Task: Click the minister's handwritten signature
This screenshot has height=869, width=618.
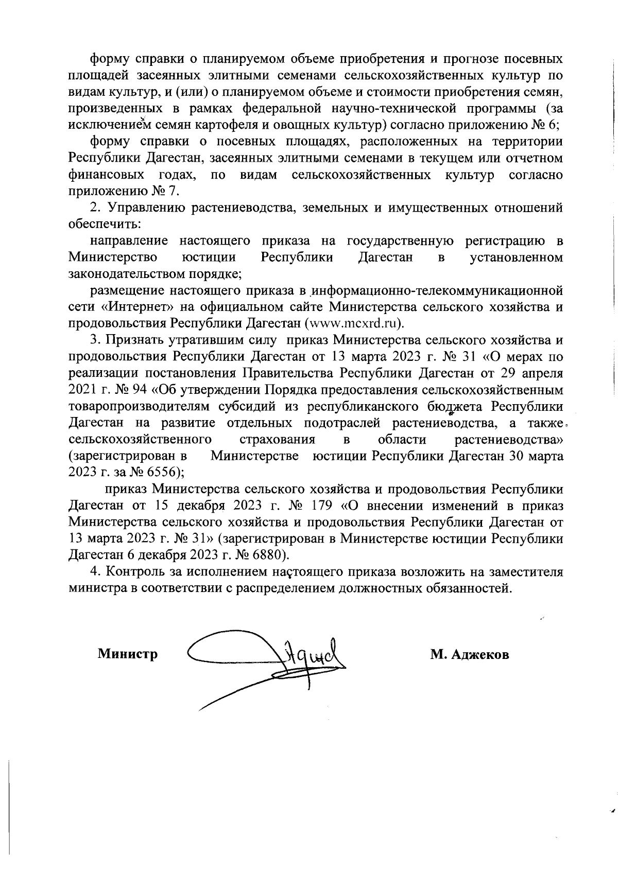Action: pyautogui.click(x=268, y=664)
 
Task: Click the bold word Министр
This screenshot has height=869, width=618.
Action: pyautogui.click(x=128, y=655)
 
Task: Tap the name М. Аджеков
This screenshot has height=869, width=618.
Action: pyautogui.click(x=470, y=655)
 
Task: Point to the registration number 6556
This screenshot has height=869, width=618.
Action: pyautogui.click(x=163, y=472)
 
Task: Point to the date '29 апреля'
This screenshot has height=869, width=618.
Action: pyautogui.click(x=533, y=373)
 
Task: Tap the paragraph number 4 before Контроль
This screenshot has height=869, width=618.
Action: pyautogui.click(x=93, y=571)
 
